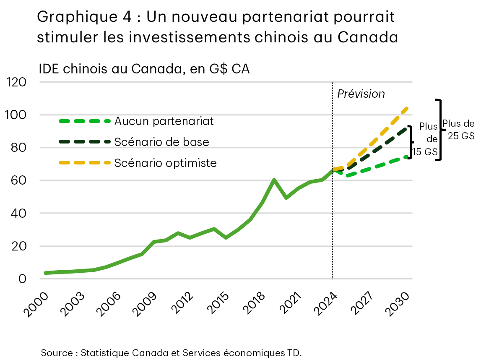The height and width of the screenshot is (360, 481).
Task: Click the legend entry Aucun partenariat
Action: tap(164, 121)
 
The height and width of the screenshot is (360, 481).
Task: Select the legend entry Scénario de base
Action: tap(161, 142)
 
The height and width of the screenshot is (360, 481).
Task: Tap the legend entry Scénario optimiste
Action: tap(165, 163)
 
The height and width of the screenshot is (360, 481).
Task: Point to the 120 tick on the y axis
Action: tap(17, 82)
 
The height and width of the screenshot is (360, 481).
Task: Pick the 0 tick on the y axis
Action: tap(22, 279)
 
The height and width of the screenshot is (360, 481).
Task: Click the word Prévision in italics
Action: tap(361, 94)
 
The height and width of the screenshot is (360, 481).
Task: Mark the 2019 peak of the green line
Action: tap(274, 180)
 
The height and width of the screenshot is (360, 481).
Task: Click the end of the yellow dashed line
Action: tap(407, 109)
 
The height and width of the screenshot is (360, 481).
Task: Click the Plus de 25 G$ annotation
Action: tap(458, 130)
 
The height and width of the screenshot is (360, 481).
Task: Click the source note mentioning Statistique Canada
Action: tap(171, 352)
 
